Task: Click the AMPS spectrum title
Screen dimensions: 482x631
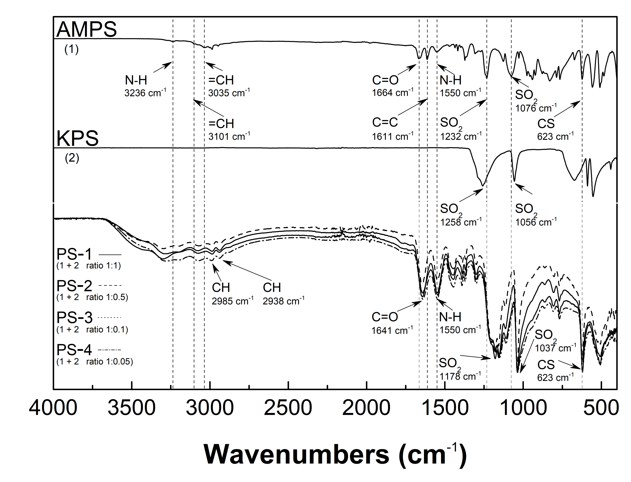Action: [87, 29]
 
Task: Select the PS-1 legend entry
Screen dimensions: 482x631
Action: [74, 254]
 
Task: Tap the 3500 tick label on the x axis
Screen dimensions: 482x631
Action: [131, 408]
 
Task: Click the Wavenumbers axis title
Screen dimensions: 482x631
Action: [335, 454]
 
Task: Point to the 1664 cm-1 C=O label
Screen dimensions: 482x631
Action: [392, 93]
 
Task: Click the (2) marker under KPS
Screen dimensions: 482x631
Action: [72, 158]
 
